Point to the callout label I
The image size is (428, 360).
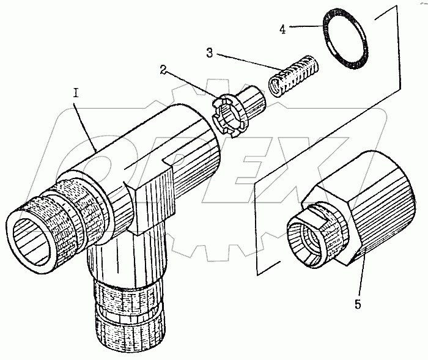coord(76,93)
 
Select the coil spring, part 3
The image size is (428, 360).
coord(293,73)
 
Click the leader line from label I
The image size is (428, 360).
coord(86,125)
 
